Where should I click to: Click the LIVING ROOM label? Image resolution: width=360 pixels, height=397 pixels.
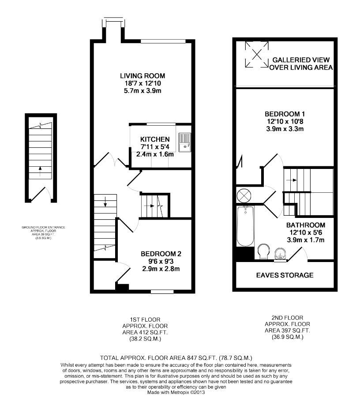142,75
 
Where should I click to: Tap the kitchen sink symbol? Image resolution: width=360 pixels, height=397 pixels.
185,142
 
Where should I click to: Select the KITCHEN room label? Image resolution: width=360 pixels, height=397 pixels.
152,139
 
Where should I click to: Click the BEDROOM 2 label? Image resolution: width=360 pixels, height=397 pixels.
161,254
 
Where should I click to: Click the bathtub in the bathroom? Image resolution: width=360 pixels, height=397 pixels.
245,226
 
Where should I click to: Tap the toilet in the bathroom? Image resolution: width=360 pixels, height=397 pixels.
263,251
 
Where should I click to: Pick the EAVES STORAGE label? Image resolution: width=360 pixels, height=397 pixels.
285,275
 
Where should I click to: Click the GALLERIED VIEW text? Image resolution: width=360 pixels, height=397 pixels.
300,60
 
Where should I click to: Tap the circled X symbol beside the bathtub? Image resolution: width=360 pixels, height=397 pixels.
243,195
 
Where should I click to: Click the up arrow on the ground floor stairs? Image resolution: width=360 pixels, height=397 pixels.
40,168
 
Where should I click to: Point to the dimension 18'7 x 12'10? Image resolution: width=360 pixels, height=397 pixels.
142,82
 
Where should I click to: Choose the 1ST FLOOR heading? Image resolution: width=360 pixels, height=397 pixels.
142,319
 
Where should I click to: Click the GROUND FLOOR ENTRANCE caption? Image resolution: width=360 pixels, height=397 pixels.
43,227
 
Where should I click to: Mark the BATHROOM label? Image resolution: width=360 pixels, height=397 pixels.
307,225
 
